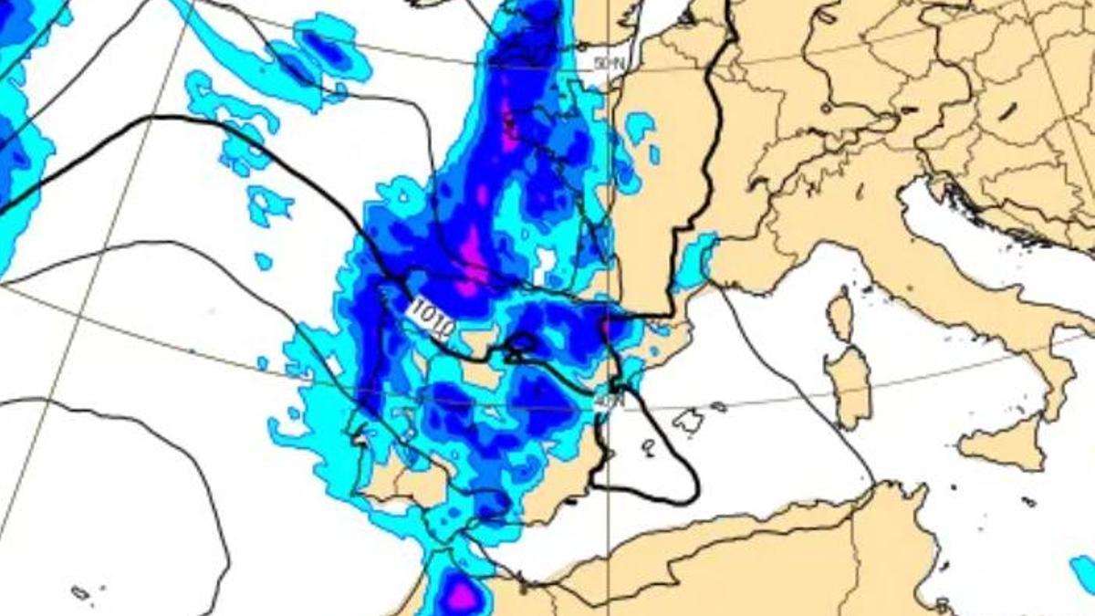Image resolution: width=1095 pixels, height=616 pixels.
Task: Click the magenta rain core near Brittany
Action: pos(507,123)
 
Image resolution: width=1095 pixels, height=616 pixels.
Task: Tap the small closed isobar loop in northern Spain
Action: pos(523,343)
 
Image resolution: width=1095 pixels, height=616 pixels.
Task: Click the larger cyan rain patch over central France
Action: pos(638,127)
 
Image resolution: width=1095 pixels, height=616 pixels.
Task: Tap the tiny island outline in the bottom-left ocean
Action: pos(80,592)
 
